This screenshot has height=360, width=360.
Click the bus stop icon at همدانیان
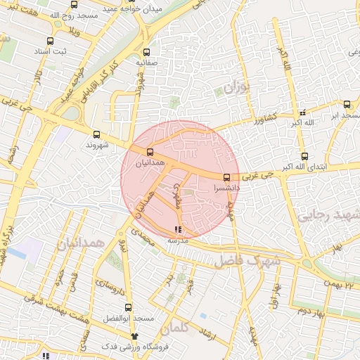click(x=149, y=152)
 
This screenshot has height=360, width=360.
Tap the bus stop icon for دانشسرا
click(x=226, y=178)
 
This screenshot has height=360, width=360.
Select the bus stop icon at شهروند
click(x=96, y=134)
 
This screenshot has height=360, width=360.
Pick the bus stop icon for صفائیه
click(x=146, y=52)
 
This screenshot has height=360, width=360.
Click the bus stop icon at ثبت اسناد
click(x=49, y=41)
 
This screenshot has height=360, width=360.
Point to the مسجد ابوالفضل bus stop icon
click(x=128, y=307)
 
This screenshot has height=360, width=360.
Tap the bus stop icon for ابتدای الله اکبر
click(x=304, y=156)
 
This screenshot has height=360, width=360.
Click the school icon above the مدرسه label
click(x=178, y=229)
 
